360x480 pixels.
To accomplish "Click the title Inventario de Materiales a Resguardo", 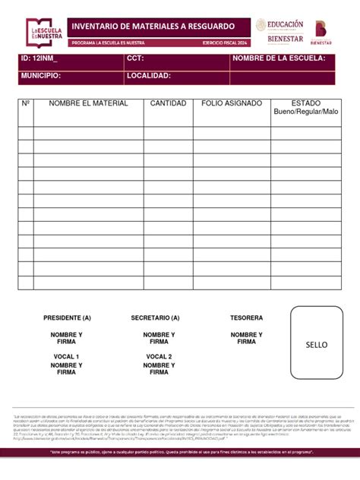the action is tap(142, 27).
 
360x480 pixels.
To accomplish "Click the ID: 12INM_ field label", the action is tap(39, 58).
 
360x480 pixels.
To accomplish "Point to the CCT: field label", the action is tap(135, 58).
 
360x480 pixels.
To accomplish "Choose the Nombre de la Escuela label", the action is tap(279, 58).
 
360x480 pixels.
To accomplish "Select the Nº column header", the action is tap(25, 103).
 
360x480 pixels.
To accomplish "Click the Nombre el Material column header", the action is tap(88, 103).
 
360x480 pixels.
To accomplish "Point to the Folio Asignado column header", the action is tap(232, 103).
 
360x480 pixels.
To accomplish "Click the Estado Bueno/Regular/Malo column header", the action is tap(306, 108).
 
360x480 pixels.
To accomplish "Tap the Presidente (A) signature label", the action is tap(67, 317).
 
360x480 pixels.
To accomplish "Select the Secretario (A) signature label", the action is tap(155, 317).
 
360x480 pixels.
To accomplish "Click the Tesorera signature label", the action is tap(247, 317).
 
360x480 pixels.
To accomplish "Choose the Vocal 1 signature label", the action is tap(67, 356).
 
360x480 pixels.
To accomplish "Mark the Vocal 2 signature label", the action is tap(159, 356).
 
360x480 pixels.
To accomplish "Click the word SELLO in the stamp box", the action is tap(317, 345).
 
